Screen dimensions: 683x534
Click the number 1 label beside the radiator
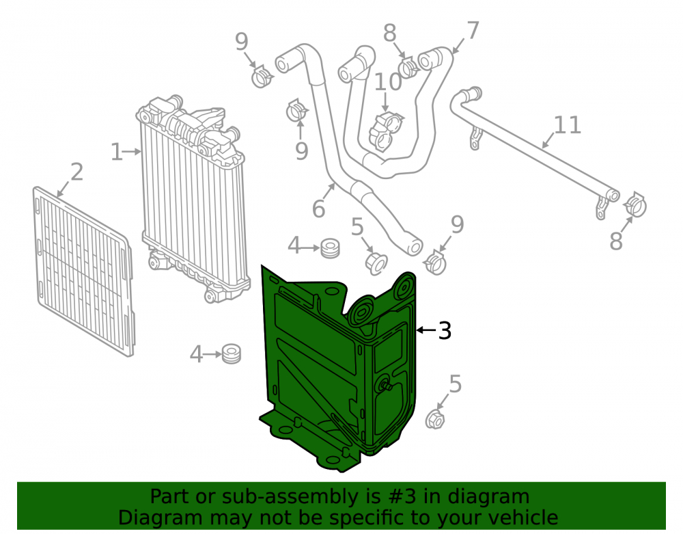(116, 152)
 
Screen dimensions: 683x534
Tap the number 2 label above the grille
(76, 172)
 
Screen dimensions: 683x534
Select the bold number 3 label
(445, 330)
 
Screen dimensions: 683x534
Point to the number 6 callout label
(319, 209)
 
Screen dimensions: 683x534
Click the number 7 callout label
(473, 31)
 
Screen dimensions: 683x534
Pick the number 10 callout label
(388, 81)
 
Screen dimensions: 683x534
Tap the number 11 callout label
(568, 125)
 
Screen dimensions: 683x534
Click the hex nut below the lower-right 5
(434, 419)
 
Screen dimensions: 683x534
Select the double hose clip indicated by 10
(385, 131)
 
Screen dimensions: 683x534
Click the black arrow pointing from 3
(426, 330)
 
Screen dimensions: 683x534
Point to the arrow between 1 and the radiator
(133, 152)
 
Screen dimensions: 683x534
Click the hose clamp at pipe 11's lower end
(635, 205)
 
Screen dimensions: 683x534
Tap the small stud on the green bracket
(385, 384)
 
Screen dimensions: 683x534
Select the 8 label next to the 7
(390, 33)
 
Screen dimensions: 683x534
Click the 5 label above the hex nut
(455, 384)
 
